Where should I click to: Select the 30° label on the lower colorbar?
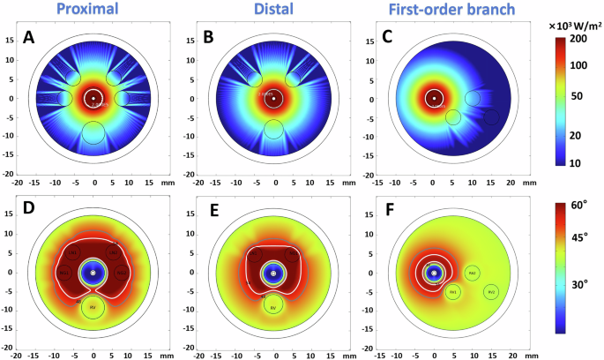(x=579, y=284)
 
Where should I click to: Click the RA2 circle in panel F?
(x=473, y=274)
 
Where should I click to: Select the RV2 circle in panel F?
(x=491, y=291)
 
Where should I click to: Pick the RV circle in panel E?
(x=273, y=306)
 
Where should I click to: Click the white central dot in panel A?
(x=94, y=98)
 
